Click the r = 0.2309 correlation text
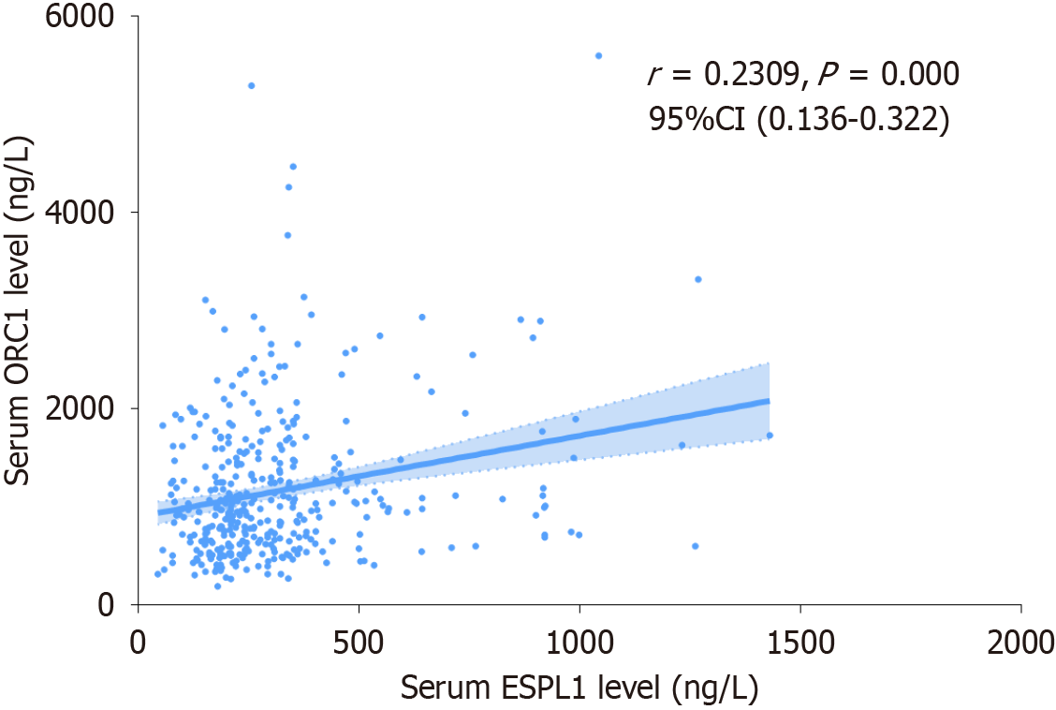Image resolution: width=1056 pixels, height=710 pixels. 721,75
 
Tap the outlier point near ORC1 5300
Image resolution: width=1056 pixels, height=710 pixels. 251,85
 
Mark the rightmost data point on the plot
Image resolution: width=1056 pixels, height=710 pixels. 770,435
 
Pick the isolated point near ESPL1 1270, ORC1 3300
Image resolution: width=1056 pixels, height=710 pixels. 698,279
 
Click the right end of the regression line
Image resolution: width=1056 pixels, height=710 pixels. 769,401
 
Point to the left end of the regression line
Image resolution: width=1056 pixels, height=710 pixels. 159,511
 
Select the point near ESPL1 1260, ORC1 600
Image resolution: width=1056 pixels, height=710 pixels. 695,546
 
